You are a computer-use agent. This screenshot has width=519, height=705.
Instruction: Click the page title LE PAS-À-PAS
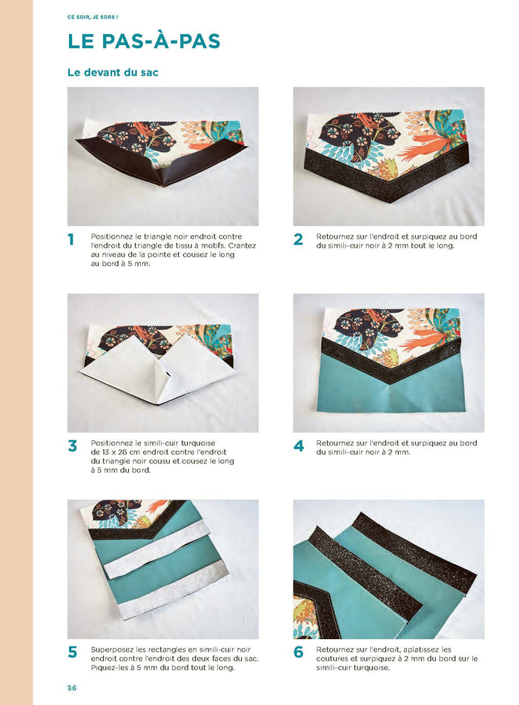144,42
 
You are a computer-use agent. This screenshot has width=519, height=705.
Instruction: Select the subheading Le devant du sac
113,73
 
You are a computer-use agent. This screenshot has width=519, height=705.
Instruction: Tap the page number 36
72,688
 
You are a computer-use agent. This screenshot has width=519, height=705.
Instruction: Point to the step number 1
71,239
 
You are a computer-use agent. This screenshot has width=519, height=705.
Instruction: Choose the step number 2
298,239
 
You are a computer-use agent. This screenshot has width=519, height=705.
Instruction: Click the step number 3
72,446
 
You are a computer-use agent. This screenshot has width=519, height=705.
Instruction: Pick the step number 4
298,446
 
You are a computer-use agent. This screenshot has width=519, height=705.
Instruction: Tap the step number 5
72,652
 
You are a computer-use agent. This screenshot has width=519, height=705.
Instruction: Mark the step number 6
298,652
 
